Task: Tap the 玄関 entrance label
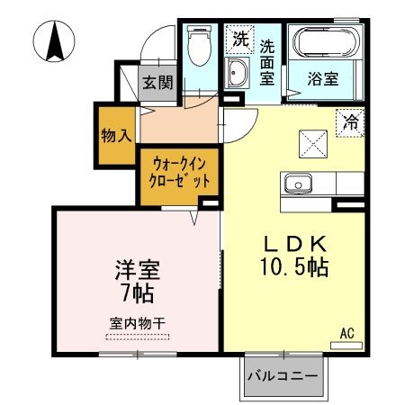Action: click(x=157, y=84)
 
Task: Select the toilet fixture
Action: click(x=197, y=47)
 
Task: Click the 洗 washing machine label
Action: click(x=239, y=39)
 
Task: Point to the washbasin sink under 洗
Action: click(x=238, y=74)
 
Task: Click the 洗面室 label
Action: click(x=267, y=61)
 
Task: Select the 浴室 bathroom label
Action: click(x=321, y=77)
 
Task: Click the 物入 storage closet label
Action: click(x=117, y=136)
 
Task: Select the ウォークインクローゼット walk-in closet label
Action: click(x=180, y=172)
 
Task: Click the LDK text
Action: click(x=288, y=245)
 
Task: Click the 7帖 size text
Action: click(x=137, y=293)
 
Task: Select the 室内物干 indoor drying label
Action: click(x=137, y=322)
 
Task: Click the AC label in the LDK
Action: click(x=346, y=334)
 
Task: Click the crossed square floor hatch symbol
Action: click(x=311, y=141)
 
